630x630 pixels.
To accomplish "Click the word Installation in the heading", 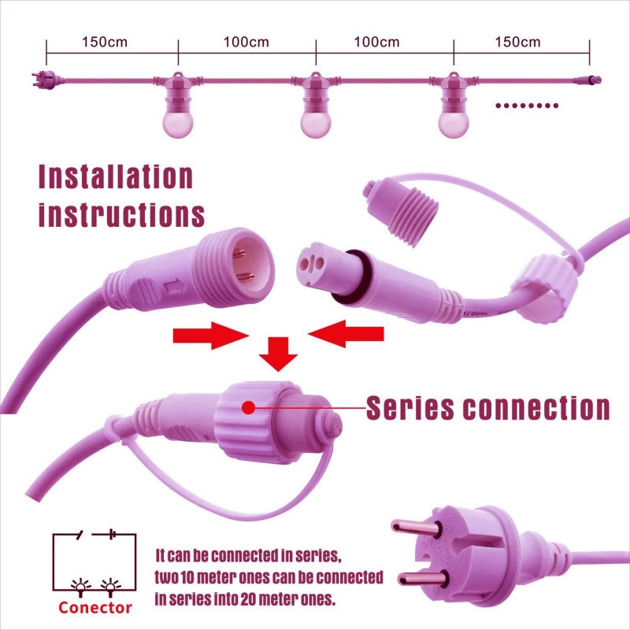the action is [x=116, y=176].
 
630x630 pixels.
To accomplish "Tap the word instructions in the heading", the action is [x=122, y=214].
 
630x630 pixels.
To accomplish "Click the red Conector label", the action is [x=95, y=607].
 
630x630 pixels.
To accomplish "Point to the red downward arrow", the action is [x=278, y=354].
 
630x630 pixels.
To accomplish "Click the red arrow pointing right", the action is [x=211, y=335].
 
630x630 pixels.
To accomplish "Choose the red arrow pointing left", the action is [x=346, y=333].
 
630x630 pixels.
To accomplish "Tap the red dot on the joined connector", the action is [x=249, y=408].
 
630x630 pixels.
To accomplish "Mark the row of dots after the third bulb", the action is [x=527, y=106].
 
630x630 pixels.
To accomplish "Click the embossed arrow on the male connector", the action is [x=175, y=287].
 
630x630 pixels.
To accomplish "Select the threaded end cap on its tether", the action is [x=401, y=211].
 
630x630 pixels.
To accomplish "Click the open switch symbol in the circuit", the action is [x=81, y=535].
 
